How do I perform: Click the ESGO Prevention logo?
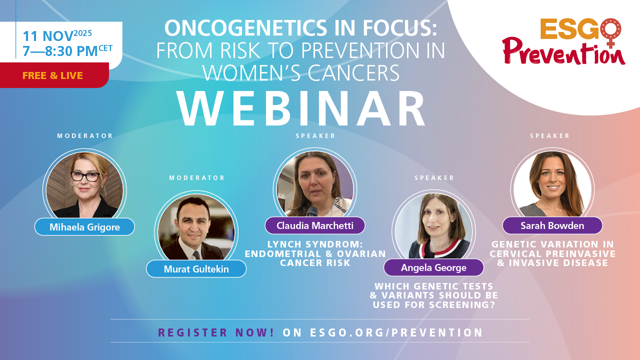[563, 41]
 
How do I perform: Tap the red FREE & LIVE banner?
[54, 75]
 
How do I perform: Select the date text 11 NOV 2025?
[57, 35]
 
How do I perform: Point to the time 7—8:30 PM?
[60, 51]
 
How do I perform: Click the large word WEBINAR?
[301, 108]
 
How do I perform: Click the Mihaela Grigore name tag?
[84, 227]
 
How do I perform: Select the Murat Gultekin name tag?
[196, 269]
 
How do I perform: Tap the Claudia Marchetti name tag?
[315, 225]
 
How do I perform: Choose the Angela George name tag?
[433, 267]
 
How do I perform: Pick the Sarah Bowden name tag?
[552, 225]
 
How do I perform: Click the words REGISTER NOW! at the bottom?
[216, 332]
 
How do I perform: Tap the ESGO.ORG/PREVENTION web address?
[396, 332]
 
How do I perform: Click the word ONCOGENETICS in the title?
[245, 28]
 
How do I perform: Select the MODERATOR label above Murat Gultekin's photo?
[197, 177]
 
